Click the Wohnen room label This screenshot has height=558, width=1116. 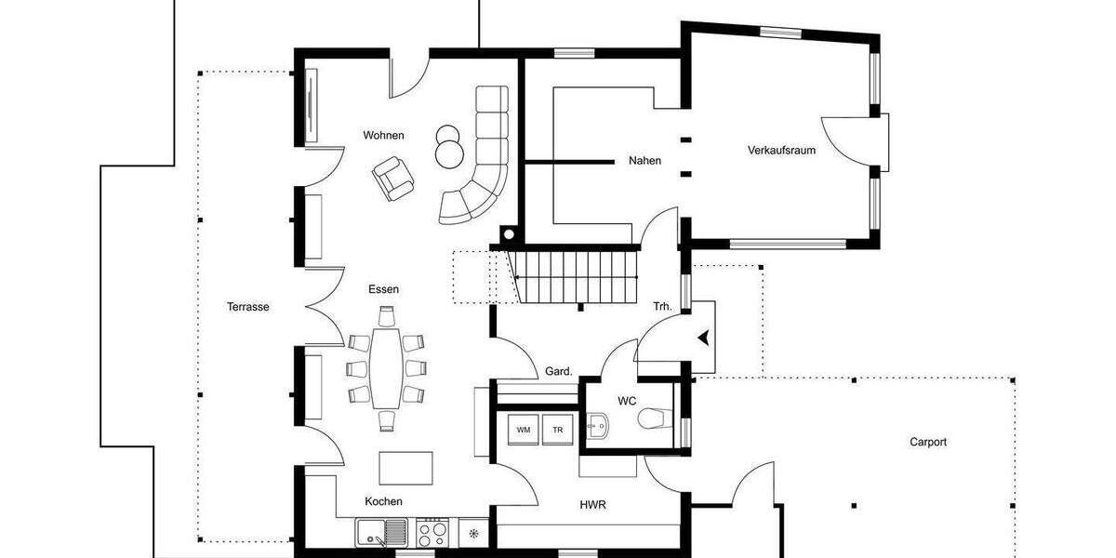(x=383, y=136)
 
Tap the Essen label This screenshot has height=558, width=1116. (x=383, y=289)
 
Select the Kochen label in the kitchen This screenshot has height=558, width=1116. (x=383, y=501)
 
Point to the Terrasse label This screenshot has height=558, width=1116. (x=247, y=306)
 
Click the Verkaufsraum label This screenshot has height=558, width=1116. (x=781, y=150)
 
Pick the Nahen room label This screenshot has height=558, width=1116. (x=644, y=161)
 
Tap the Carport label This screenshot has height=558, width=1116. (x=927, y=443)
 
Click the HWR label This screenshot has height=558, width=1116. (x=593, y=504)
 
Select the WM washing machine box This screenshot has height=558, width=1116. (x=523, y=431)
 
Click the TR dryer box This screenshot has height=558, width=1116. (x=558, y=431)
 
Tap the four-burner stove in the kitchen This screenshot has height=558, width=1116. (x=432, y=534)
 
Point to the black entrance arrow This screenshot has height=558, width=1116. (x=706, y=339)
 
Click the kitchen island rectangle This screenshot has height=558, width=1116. (x=405, y=467)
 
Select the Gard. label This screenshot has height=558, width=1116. (x=558, y=371)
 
